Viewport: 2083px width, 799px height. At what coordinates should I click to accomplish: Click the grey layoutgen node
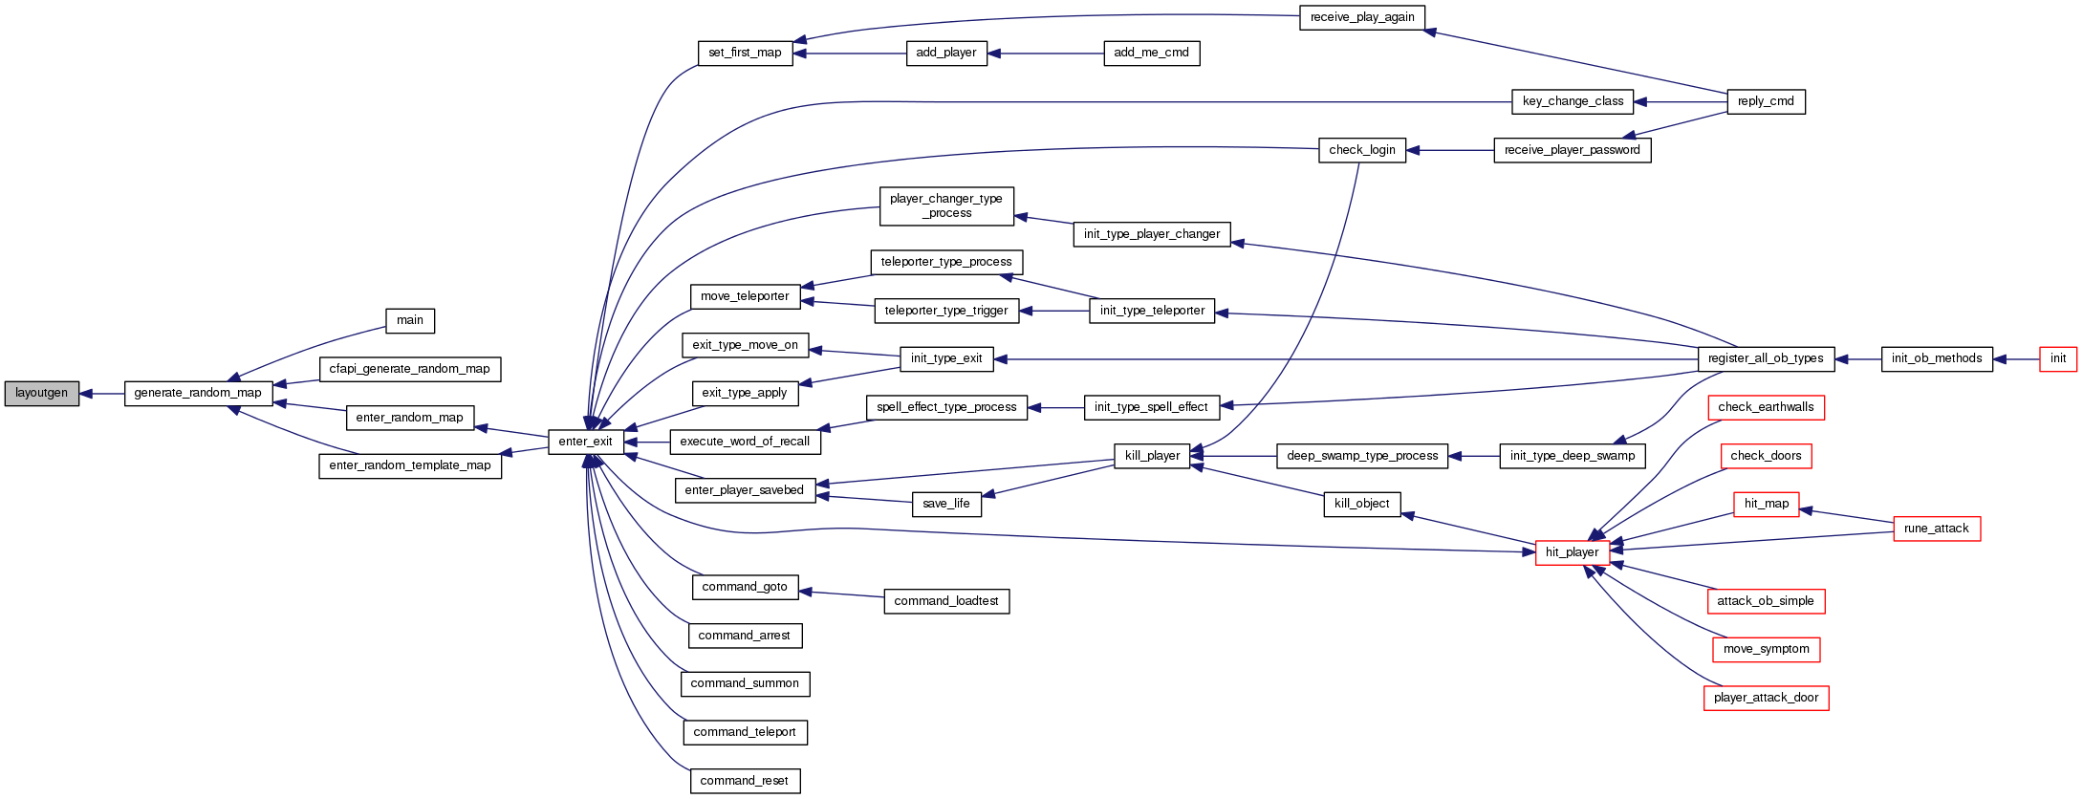click(41, 393)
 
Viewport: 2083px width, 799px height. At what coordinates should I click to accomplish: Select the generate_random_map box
click(198, 393)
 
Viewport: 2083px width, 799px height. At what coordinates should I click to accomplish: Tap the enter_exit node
click(585, 442)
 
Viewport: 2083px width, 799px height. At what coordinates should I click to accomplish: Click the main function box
click(409, 320)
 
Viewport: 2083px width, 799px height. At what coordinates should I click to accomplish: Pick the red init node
click(2057, 358)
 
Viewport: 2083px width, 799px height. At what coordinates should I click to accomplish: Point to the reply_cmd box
click(1765, 101)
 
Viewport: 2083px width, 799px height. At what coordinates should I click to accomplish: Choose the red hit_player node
click(1572, 552)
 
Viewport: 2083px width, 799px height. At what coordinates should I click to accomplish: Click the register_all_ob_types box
click(1766, 358)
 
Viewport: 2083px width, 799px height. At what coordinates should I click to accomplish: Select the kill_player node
click(1152, 456)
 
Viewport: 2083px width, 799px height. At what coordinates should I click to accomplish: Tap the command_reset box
click(744, 781)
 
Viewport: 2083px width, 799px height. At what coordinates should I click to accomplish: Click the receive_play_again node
click(1361, 17)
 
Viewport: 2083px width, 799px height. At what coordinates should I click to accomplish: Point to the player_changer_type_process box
click(945, 205)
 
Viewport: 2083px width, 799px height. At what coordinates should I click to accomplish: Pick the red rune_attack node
click(1936, 529)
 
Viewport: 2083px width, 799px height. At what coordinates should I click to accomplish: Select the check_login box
click(1361, 150)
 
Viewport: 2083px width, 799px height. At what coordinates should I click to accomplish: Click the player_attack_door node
click(1766, 698)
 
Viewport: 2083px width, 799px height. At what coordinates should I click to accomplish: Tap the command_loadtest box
click(945, 601)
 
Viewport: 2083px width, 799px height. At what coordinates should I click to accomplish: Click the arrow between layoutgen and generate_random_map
click(102, 393)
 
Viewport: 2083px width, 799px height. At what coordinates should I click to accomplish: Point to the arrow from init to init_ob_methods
click(2016, 358)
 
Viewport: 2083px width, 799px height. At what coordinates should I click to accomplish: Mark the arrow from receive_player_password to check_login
click(1449, 150)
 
